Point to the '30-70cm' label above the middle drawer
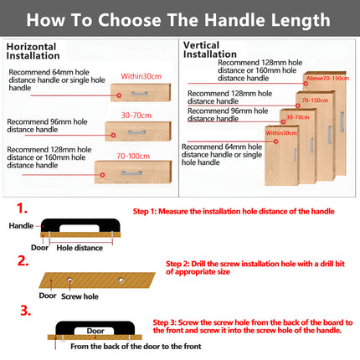click(x=136, y=116)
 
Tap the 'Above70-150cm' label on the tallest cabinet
click(x=327, y=78)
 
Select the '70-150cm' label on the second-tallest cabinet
click(x=314, y=99)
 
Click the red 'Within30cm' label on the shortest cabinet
click(x=280, y=132)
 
